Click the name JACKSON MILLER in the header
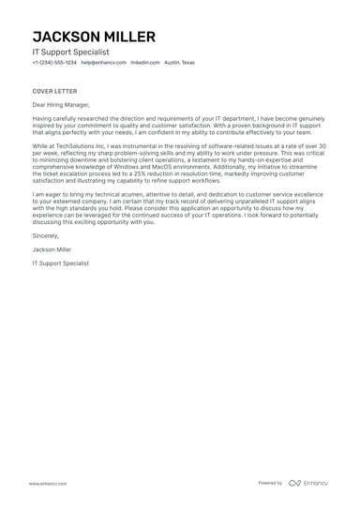click(x=93, y=37)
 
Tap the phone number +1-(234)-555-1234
click(x=54, y=63)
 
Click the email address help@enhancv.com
click(x=101, y=63)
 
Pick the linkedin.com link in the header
click(x=145, y=63)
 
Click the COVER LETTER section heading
click(x=52, y=91)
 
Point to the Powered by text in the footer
click(x=270, y=483)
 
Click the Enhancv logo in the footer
click(x=308, y=483)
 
